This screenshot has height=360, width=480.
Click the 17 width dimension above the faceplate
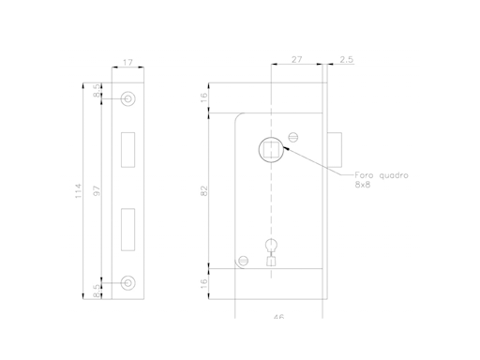pos(127,65)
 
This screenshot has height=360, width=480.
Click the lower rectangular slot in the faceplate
pos(128,231)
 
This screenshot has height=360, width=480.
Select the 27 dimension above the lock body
pos(297,59)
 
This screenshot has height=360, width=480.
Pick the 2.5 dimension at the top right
pos(347,59)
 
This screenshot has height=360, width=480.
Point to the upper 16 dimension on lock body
pos(204,97)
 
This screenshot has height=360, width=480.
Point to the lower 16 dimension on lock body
pos(204,283)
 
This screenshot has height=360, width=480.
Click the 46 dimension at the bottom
pos(277,317)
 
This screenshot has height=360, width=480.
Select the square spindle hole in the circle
pos(269,148)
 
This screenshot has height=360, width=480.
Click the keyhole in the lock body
pos(271,251)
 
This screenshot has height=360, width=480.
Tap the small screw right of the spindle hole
pos(292,137)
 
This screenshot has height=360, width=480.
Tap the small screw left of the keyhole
pos(242,260)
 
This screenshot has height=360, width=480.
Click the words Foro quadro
pos(381,176)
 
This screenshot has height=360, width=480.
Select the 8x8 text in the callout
pos(363,187)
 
